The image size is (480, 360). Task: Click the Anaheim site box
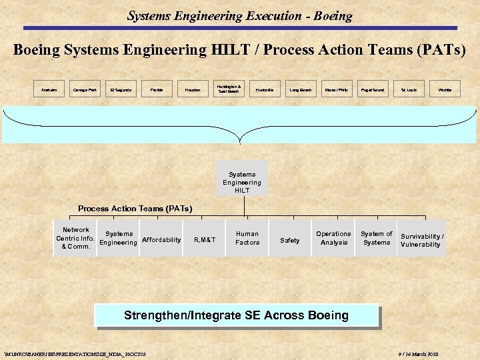49,89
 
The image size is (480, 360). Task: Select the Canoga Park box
85,89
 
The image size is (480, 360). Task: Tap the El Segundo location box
121,89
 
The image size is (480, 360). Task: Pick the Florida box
157,89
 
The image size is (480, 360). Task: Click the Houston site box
193,89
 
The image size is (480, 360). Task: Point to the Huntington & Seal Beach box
229,89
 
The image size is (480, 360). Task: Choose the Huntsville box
265,89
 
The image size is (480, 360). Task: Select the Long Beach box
301,89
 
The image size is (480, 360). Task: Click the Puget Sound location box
372,89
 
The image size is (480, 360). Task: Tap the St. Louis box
409,89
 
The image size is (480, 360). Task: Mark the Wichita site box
445,89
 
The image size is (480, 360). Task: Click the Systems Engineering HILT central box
242,178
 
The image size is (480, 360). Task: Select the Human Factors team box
247,238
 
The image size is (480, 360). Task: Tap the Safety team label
290,240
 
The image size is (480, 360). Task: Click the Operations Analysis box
333,238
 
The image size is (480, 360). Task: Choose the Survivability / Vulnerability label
422,241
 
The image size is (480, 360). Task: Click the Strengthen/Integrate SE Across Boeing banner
236,315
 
